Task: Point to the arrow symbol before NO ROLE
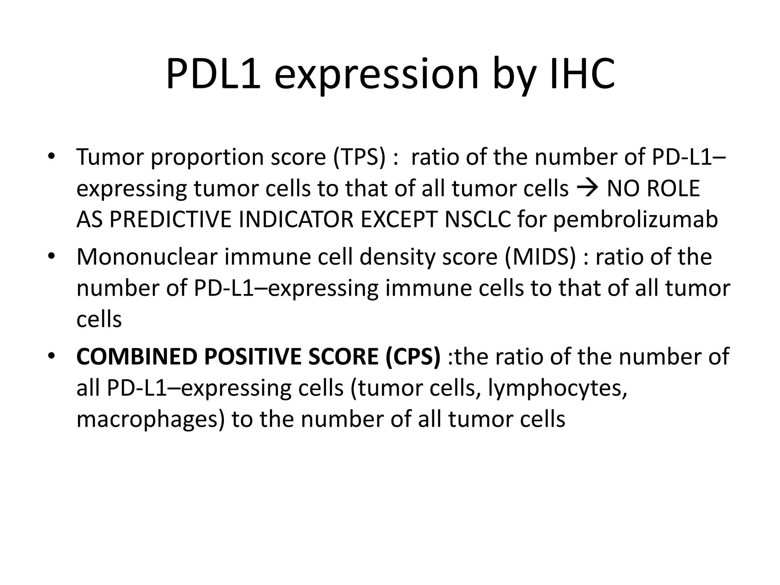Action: coord(588,189)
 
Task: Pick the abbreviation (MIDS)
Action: coord(540,257)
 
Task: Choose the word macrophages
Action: coord(151,420)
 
